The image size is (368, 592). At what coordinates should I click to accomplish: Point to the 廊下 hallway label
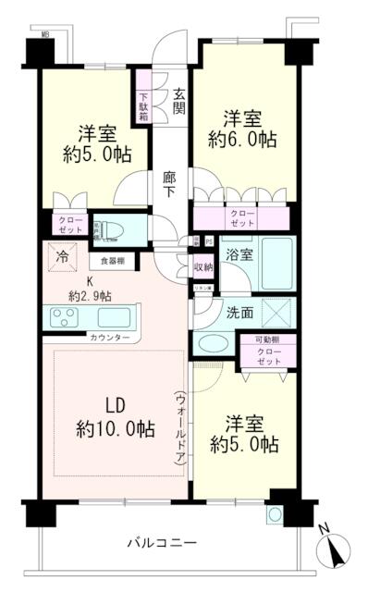click(170, 183)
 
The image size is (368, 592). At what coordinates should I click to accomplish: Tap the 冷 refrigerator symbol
click(60, 259)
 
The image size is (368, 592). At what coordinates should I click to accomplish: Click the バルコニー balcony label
click(163, 542)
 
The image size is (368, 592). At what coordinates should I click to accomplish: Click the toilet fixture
click(113, 228)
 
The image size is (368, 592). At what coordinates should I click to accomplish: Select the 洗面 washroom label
click(240, 312)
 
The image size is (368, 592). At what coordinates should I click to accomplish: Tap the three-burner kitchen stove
click(67, 318)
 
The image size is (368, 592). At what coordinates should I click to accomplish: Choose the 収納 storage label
click(203, 268)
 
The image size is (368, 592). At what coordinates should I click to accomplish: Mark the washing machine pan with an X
click(276, 312)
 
